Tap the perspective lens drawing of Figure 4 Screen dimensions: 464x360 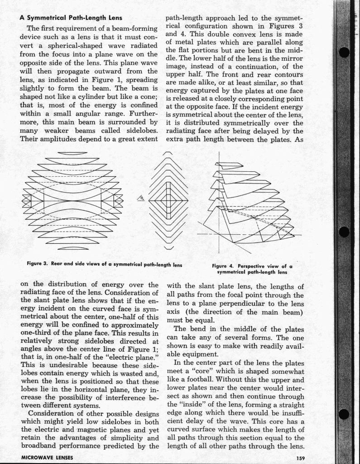(x=247, y=204)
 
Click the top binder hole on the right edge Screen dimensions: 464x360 (x=345, y=52)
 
